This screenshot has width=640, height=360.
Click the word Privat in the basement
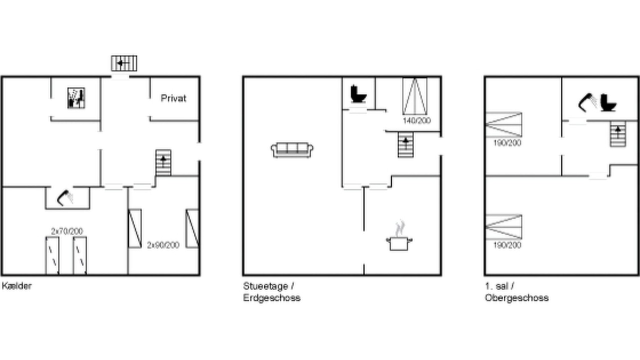point(173,98)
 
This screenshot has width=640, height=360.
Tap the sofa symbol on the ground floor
point(291,150)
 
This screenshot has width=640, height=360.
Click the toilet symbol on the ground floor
point(358,93)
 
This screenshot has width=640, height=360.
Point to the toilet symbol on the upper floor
point(608,102)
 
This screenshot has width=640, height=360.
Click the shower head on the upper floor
point(587,102)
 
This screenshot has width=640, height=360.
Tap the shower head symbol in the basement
point(65,197)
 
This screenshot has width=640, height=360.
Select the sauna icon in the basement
point(76,98)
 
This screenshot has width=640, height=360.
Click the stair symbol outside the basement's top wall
point(124,63)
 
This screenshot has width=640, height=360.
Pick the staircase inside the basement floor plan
point(163,162)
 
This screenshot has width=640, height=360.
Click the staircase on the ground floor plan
point(405,144)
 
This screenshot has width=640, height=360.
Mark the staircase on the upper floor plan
point(618,134)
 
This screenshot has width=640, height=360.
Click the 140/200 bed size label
point(416,120)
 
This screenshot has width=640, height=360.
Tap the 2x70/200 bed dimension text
point(67,231)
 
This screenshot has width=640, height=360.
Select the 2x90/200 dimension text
point(163,245)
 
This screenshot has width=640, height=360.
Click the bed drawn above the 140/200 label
point(415,96)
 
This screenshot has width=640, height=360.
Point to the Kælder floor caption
point(16,285)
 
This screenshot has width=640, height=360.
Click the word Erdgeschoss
point(271,297)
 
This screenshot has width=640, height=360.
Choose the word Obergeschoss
point(516,297)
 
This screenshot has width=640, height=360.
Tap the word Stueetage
point(265,286)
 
